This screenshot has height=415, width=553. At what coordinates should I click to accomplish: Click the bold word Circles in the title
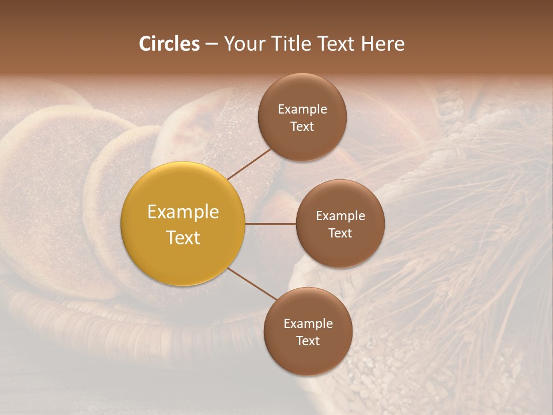click(x=169, y=44)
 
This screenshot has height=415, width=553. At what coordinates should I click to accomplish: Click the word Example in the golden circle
click(x=183, y=212)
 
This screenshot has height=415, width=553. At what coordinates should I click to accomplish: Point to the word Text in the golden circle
click(x=183, y=237)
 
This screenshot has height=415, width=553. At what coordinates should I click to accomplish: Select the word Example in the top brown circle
click(x=302, y=109)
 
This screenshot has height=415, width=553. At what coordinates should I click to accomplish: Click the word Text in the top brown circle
click(x=302, y=126)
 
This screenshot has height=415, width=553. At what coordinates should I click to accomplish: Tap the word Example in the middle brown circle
click(x=340, y=216)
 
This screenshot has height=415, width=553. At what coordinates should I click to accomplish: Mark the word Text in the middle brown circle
click(x=340, y=233)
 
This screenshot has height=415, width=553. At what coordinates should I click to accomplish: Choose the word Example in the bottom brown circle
click(x=308, y=323)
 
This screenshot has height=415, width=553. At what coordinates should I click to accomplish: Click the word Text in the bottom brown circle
click(x=308, y=341)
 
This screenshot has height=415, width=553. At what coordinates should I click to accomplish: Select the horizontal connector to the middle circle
click(x=271, y=224)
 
